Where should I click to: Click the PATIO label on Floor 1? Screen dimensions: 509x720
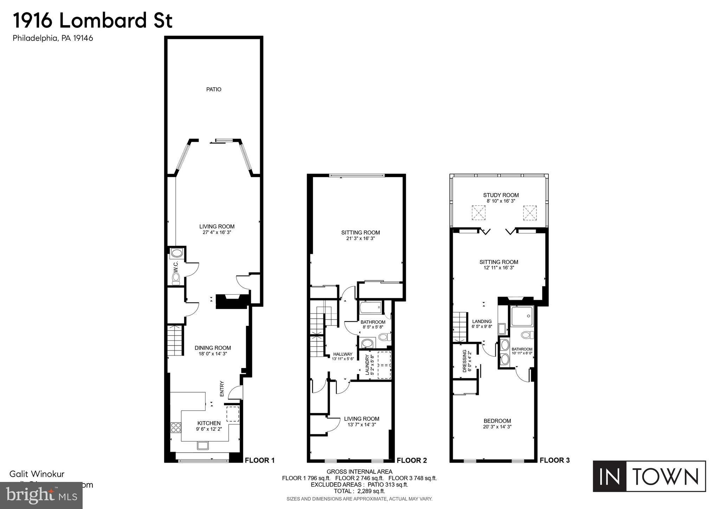[x=213, y=89]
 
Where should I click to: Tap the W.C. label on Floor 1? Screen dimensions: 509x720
[x=176, y=266]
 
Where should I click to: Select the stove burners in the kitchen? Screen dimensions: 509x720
[x=176, y=427]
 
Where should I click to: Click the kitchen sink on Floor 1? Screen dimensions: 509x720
[x=202, y=446]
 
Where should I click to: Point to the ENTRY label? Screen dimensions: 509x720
[x=222, y=389]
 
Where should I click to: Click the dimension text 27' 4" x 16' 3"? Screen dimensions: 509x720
[x=217, y=232]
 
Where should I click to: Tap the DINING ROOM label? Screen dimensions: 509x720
[x=213, y=348]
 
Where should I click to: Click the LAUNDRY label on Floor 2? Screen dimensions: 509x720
[x=367, y=365]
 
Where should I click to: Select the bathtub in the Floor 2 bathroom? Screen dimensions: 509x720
[x=370, y=308]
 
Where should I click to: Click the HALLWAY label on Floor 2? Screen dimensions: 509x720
[x=342, y=354]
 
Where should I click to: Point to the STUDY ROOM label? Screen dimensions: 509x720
[x=501, y=195]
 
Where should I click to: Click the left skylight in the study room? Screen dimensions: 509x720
[x=478, y=213]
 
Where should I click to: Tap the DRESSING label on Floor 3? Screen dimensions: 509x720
[x=464, y=361]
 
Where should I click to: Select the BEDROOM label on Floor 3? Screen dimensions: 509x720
[x=497, y=421]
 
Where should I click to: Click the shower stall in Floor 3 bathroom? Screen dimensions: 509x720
[x=522, y=316]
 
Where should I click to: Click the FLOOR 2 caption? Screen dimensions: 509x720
[x=412, y=460]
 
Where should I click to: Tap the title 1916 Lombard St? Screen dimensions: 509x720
[x=93, y=20]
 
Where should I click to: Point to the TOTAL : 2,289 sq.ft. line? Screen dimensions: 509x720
[x=359, y=491]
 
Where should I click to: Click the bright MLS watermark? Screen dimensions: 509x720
[x=41, y=495]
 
